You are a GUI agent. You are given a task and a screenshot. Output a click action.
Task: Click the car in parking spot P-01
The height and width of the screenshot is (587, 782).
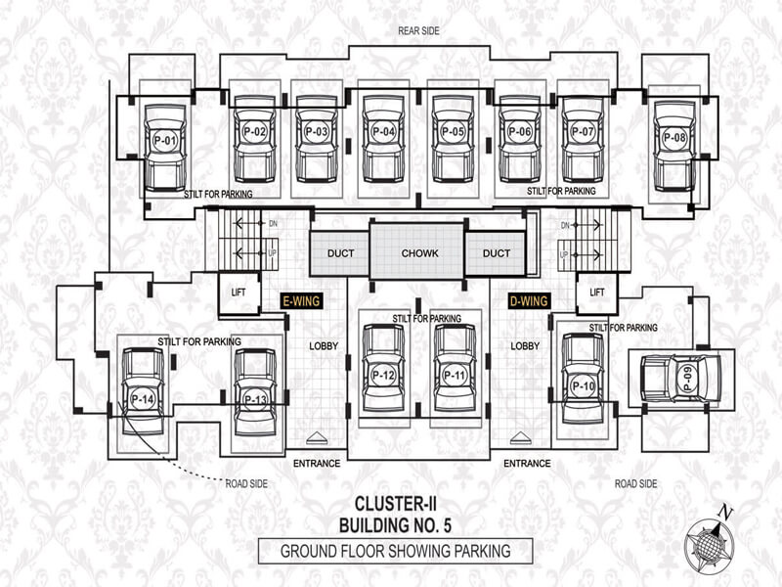[165, 148]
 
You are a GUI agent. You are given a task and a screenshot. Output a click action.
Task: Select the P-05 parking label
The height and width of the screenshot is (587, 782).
[453, 132]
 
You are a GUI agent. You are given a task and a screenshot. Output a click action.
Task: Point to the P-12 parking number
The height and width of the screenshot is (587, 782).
[383, 376]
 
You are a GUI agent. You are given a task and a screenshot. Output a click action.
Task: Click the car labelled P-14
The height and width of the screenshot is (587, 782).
[143, 390]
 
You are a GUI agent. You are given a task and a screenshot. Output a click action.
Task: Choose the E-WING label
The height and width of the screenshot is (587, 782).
[301, 301]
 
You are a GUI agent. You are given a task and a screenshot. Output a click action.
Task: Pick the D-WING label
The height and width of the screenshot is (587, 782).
[529, 301]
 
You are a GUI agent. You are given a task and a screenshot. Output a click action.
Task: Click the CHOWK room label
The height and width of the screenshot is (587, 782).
[420, 253]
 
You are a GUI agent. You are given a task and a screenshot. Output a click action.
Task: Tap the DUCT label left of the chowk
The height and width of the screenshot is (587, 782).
[340, 253]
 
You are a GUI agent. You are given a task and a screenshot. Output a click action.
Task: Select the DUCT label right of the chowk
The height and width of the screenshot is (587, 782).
[497, 253]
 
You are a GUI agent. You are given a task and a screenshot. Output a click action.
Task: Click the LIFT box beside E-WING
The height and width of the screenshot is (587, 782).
[239, 293]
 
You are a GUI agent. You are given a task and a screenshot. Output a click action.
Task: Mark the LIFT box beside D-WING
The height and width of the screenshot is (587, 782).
[597, 293]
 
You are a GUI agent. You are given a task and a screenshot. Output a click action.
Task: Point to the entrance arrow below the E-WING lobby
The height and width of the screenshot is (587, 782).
[316, 437]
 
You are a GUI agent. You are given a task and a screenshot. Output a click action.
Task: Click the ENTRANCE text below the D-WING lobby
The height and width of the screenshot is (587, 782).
[527, 463]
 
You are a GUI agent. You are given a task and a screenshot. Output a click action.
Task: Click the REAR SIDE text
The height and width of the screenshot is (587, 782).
[419, 31]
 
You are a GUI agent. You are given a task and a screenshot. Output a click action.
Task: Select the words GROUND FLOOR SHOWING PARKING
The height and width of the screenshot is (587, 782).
[396, 551]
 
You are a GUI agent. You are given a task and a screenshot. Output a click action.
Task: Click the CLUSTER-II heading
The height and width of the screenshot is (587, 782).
[396, 504]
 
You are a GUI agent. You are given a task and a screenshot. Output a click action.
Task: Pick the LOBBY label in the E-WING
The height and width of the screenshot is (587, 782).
[324, 346]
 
